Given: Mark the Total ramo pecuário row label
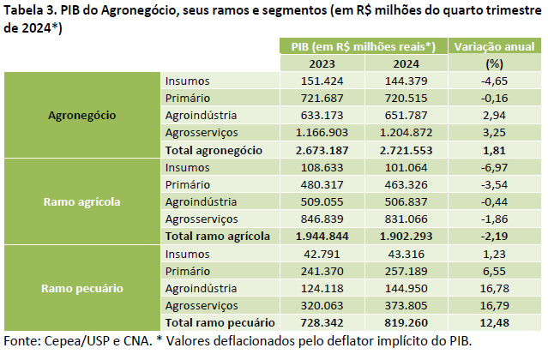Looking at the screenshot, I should [x=220, y=322].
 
